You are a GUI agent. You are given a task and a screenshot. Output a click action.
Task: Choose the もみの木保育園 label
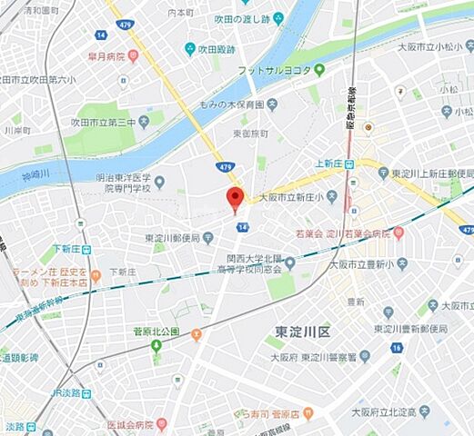(x=235, y=104)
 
